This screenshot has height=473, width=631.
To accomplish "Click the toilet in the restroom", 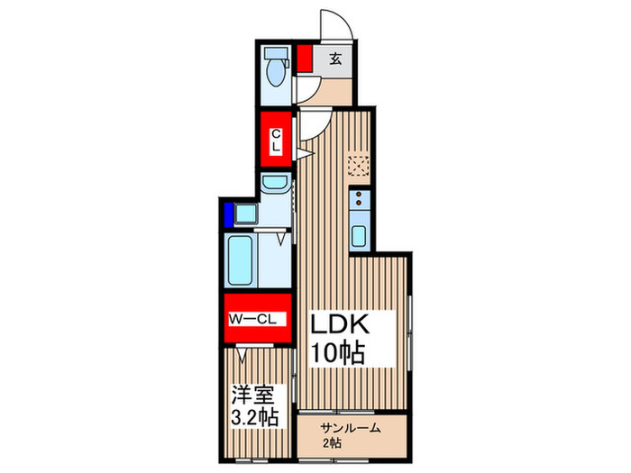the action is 277,67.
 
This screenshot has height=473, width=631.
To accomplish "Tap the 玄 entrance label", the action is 335,59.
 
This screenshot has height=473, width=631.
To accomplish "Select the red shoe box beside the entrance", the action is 305,59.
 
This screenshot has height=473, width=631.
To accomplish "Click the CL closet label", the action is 276,140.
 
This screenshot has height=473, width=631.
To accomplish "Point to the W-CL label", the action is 252,319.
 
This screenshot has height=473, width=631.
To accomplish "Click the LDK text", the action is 339,324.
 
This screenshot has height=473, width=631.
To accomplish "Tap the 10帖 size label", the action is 338,353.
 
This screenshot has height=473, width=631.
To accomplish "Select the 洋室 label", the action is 253,395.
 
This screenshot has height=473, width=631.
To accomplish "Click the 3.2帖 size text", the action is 254,417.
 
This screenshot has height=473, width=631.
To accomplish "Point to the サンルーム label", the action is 350,429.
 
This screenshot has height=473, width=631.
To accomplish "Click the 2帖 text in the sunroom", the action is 332,443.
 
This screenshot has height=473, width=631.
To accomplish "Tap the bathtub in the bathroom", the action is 241,259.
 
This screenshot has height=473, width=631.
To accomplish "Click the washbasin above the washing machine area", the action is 275,182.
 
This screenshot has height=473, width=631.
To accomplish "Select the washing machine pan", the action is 246,214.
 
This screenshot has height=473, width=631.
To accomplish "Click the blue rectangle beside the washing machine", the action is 229,214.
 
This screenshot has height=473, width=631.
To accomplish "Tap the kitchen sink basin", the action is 359,236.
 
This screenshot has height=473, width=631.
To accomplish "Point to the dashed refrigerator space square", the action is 358,166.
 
